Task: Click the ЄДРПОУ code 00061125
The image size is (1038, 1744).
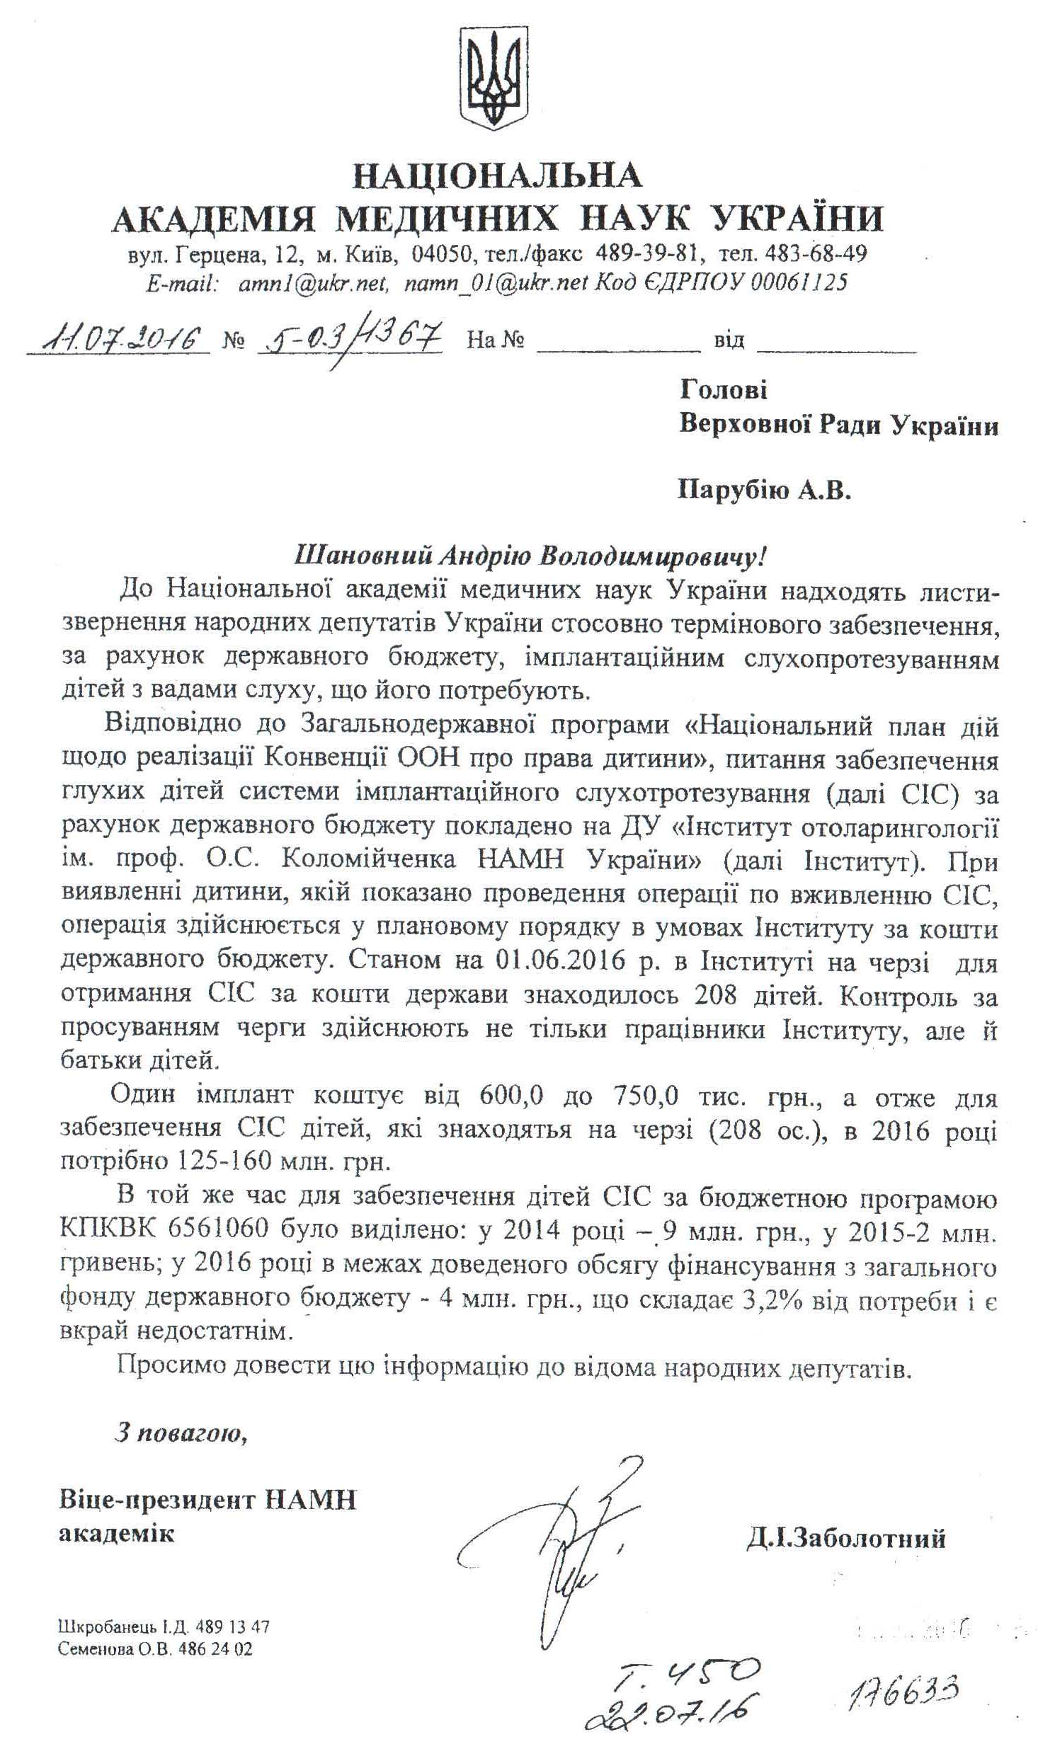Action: [798, 283]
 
